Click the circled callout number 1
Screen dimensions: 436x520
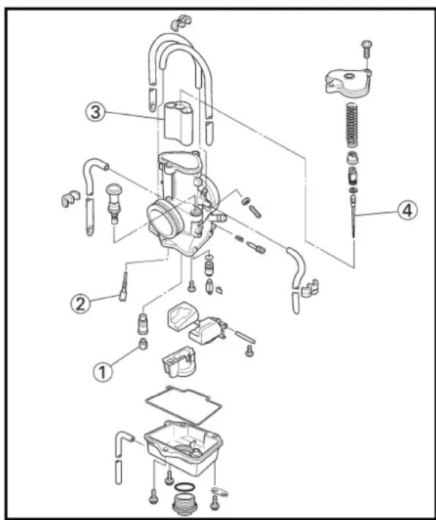[103, 372]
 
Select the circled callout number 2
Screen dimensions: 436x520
[80, 304]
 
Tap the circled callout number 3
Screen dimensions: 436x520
[95, 112]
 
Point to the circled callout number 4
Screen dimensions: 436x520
[407, 210]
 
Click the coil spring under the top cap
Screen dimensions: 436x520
[353, 125]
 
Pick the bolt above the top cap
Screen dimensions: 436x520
[367, 50]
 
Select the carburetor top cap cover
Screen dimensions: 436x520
[348, 83]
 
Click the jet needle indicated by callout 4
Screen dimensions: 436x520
[353, 216]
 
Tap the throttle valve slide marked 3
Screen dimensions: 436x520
[178, 123]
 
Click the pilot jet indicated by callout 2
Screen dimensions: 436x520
[124, 287]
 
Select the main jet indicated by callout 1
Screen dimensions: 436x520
[143, 344]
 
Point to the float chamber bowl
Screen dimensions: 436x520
[184, 448]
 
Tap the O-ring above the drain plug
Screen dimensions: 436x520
[184, 487]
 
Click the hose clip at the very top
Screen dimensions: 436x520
[181, 23]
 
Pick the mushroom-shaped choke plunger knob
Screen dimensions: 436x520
[114, 203]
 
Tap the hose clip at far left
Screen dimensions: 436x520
[71, 199]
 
